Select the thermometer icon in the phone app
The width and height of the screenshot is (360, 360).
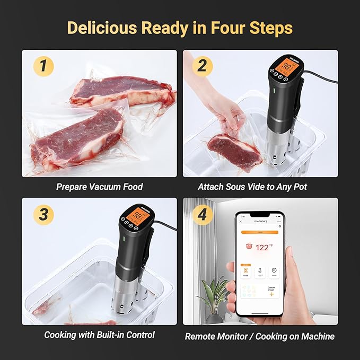[260, 270]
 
